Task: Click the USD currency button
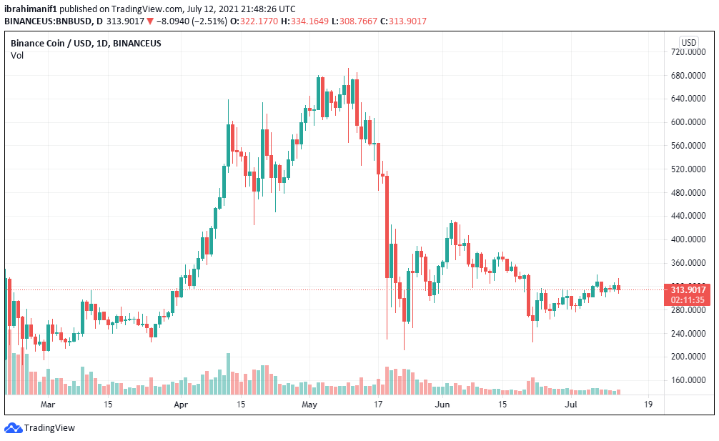tap(689, 43)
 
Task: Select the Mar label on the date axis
tap(48, 405)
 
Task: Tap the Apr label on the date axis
tap(181, 405)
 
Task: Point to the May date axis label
tap(309, 405)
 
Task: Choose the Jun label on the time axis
tap(443, 405)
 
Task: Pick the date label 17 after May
tap(379, 405)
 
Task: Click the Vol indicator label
tap(17, 56)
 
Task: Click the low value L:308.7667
tap(355, 21)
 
